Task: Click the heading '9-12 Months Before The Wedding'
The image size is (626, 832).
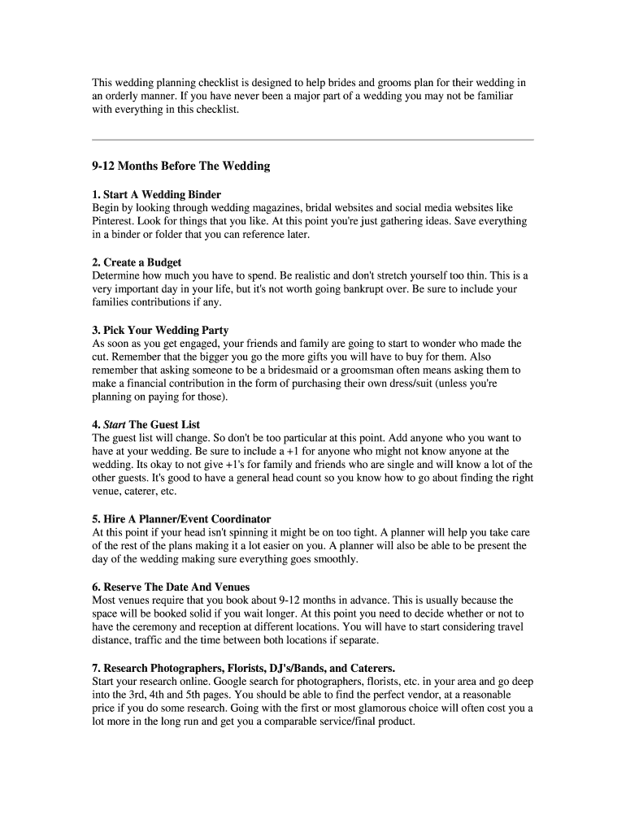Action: tap(180, 167)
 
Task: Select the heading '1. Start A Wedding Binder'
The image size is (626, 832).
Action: tap(156, 195)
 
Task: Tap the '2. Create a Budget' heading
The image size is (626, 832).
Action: tap(137, 262)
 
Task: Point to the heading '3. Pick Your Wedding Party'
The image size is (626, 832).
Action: tap(160, 331)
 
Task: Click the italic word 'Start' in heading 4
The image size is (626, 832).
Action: tap(115, 425)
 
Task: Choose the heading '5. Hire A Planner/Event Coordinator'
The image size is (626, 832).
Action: tap(181, 519)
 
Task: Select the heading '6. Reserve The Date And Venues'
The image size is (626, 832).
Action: tap(171, 587)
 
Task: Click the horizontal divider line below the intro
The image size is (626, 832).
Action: tap(313, 140)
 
